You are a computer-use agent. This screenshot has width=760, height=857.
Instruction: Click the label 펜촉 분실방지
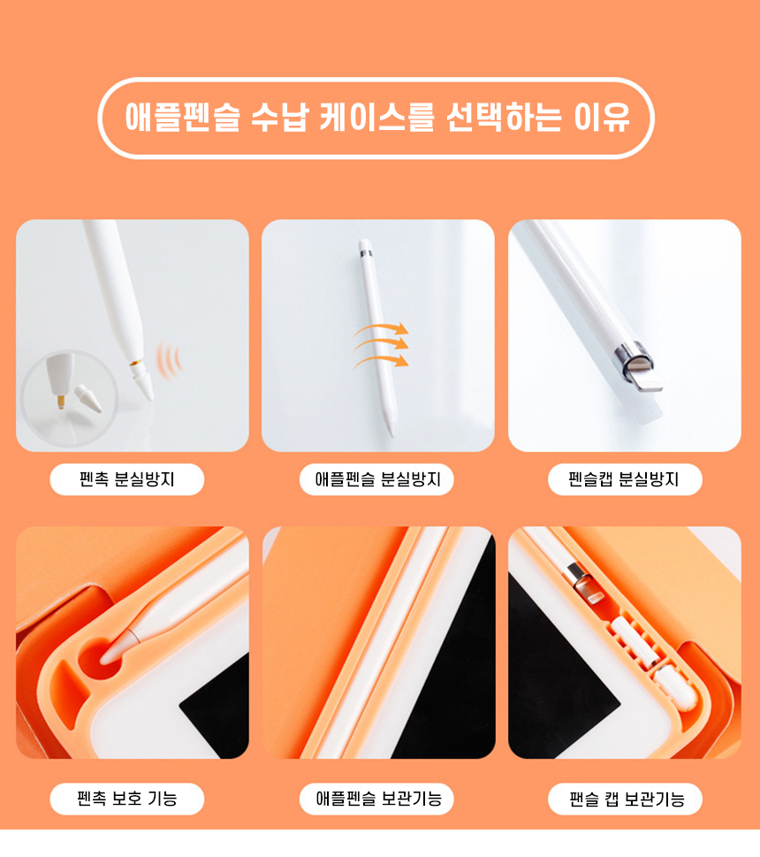pos(126,479)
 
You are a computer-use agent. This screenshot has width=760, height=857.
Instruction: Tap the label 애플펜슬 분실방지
pos(377,479)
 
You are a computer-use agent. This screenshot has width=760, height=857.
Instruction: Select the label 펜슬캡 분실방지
pos(624,479)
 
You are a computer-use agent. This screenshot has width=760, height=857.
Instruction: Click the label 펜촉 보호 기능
pos(126,799)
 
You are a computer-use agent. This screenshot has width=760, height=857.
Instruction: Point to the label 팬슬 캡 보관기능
pos(627,799)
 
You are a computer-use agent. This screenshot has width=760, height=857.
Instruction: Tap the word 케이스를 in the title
pos(376,117)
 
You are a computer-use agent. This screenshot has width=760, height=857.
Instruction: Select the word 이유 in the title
pos(602,117)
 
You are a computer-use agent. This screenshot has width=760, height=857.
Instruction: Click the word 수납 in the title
pos(279,117)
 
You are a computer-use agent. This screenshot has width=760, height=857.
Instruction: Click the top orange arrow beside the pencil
pos(381,329)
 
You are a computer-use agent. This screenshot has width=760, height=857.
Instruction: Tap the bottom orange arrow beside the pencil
pos(381,360)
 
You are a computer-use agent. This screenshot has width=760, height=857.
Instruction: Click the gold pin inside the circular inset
pos(61,402)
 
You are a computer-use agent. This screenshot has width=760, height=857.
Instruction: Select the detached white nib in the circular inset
pos(88,399)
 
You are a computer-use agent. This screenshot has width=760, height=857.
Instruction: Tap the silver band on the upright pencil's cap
pos(366,253)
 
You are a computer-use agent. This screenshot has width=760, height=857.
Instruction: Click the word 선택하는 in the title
pos(504,117)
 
